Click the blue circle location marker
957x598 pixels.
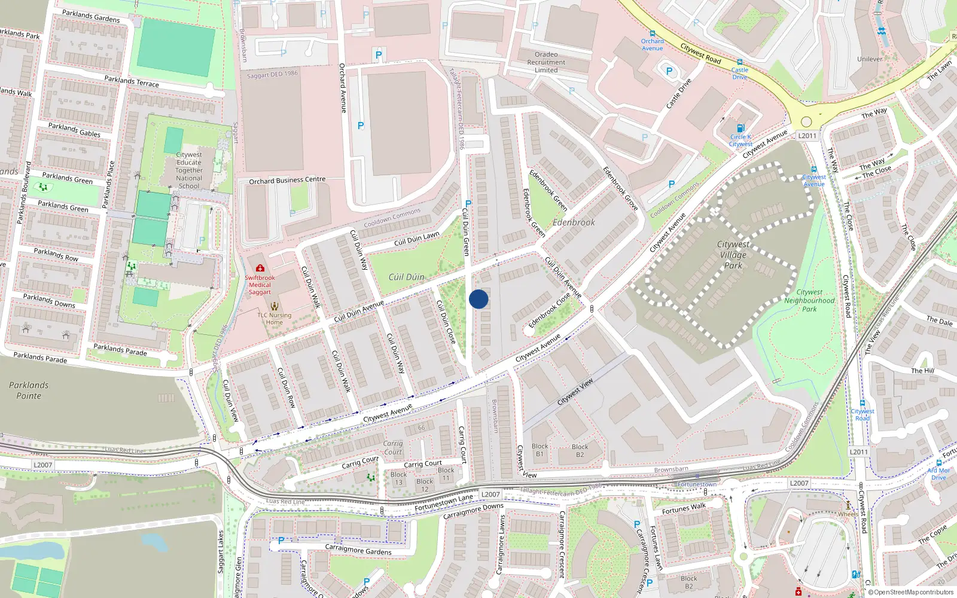click(x=478, y=299)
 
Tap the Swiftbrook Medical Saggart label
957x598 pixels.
click(x=260, y=285)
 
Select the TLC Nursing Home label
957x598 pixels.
click(x=275, y=318)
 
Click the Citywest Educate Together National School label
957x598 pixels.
click(x=189, y=170)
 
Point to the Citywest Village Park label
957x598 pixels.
click(x=733, y=255)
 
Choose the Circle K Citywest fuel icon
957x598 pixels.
click(x=740, y=128)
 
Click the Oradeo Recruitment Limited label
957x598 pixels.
click(x=546, y=62)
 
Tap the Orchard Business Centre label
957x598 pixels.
click(x=287, y=180)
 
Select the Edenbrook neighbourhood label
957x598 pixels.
click(x=574, y=222)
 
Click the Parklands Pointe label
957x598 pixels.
click(x=29, y=390)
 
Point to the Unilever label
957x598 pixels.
click(x=870, y=59)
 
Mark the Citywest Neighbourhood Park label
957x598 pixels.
click(x=809, y=301)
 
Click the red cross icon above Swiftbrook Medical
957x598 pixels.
click(x=260, y=269)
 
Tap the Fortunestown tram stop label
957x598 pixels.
click(x=697, y=484)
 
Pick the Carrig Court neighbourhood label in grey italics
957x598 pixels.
click(x=392, y=447)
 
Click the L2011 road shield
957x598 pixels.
click(x=807, y=136)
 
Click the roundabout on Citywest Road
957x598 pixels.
click(x=806, y=121)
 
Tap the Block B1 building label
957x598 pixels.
click(x=540, y=450)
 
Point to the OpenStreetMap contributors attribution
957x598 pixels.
click(x=911, y=593)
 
